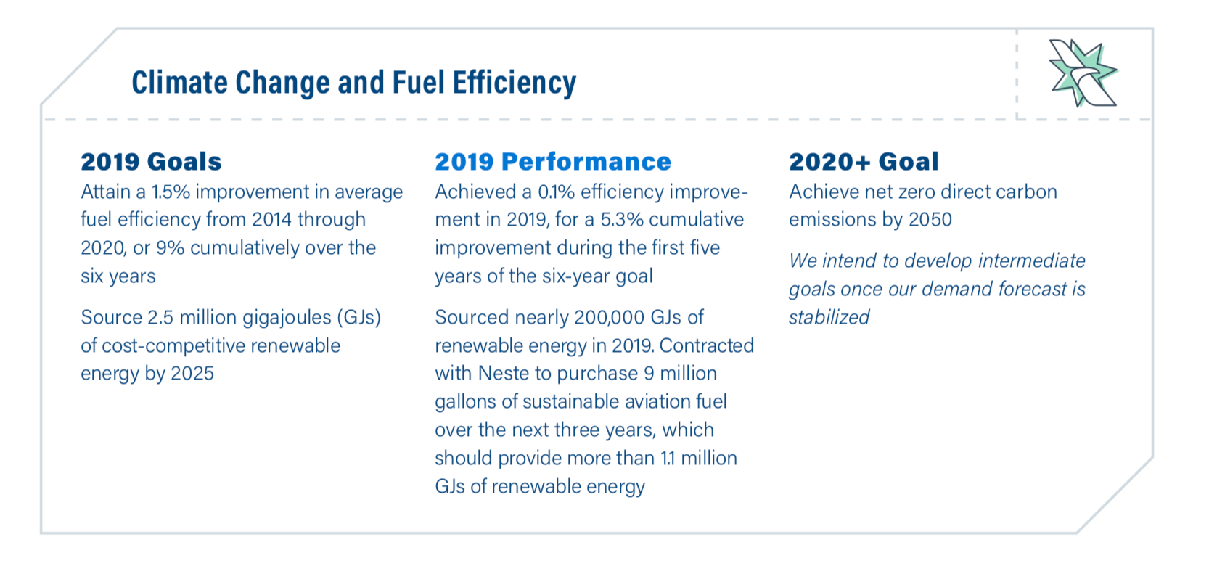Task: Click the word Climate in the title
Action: (180, 82)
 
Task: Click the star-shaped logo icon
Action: (1082, 73)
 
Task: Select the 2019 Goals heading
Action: (151, 161)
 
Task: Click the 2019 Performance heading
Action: (553, 161)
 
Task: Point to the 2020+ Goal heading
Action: (864, 161)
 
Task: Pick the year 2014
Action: (271, 220)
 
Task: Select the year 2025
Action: (192, 374)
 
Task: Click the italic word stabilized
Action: (829, 317)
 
